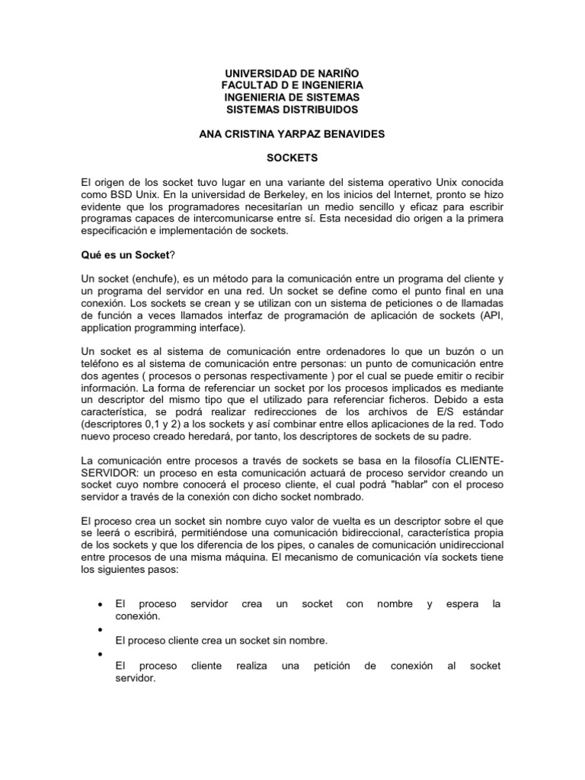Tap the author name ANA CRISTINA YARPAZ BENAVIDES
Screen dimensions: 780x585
tap(292, 134)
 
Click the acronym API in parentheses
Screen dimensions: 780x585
tap(491, 317)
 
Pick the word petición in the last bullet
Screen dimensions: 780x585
tap(331, 666)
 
